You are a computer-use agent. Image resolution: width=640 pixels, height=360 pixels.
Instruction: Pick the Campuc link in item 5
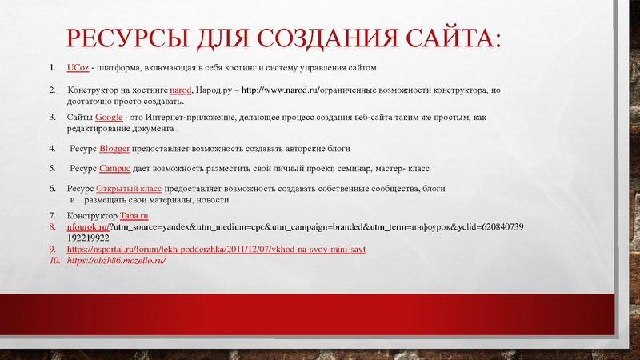click(x=116, y=168)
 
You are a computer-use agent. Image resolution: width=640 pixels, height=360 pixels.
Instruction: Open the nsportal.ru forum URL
click(x=217, y=250)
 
